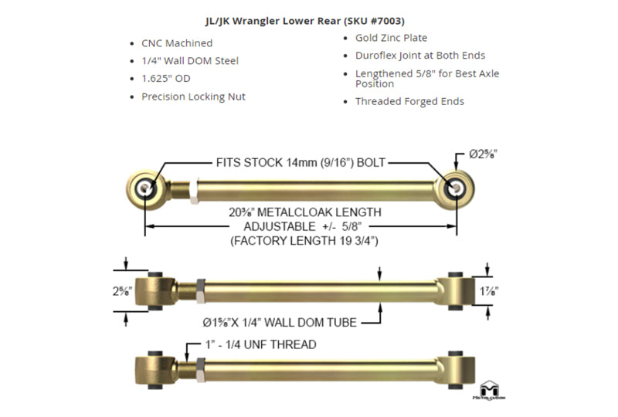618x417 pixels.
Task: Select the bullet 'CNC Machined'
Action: (177, 43)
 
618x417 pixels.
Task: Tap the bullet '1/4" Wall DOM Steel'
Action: (189, 61)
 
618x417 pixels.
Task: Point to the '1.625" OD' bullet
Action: (165, 79)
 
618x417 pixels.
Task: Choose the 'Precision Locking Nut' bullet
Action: (193, 97)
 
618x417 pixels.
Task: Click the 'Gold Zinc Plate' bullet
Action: (391, 38)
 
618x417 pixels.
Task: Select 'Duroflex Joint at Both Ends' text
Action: (420, 56)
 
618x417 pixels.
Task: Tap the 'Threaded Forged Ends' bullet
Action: (409, 101)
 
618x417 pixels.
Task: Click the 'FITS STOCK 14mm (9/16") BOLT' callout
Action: (301, 163)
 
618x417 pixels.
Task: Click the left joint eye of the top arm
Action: (144, 188)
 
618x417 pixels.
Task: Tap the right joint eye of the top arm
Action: (454, 187)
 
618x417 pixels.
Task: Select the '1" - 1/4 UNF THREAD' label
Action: (260, 344)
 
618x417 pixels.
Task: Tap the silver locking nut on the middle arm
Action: (200, 290)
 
